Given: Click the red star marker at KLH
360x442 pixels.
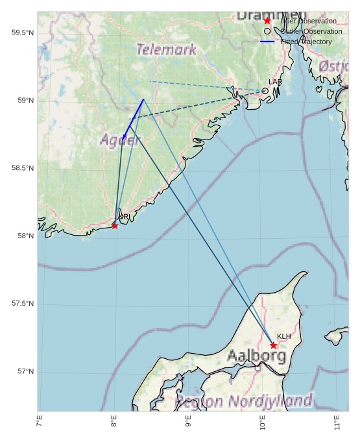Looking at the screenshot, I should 274,345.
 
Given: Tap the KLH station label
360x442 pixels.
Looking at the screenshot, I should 283,336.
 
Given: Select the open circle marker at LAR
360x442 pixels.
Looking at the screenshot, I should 265,91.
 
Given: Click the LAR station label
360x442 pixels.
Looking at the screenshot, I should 275,82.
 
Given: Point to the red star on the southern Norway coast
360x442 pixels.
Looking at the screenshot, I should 115,226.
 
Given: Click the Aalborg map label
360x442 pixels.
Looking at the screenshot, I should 256,356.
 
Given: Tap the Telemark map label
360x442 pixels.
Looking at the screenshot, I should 166,49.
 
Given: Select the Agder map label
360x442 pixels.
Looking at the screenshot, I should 120,140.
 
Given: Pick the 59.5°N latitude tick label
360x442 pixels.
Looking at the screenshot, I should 23,32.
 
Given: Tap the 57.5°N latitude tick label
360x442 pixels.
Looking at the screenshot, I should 23,304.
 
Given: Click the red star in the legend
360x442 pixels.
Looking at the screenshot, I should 267,21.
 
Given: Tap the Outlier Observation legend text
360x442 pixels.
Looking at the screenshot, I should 311,31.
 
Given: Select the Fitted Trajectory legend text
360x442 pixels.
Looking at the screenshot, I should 306,42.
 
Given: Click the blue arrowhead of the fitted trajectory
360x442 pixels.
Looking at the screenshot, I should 124,136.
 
